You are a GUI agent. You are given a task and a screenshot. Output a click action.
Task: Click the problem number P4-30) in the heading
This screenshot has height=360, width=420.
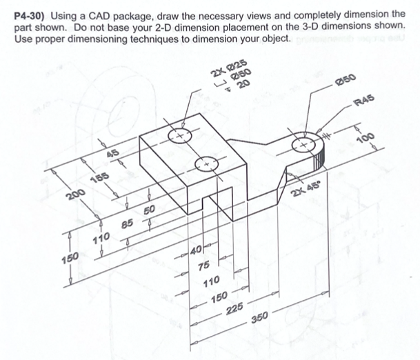coord(32,14)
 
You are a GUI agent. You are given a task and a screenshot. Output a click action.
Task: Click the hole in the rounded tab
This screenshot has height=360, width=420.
coord(304,146)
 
